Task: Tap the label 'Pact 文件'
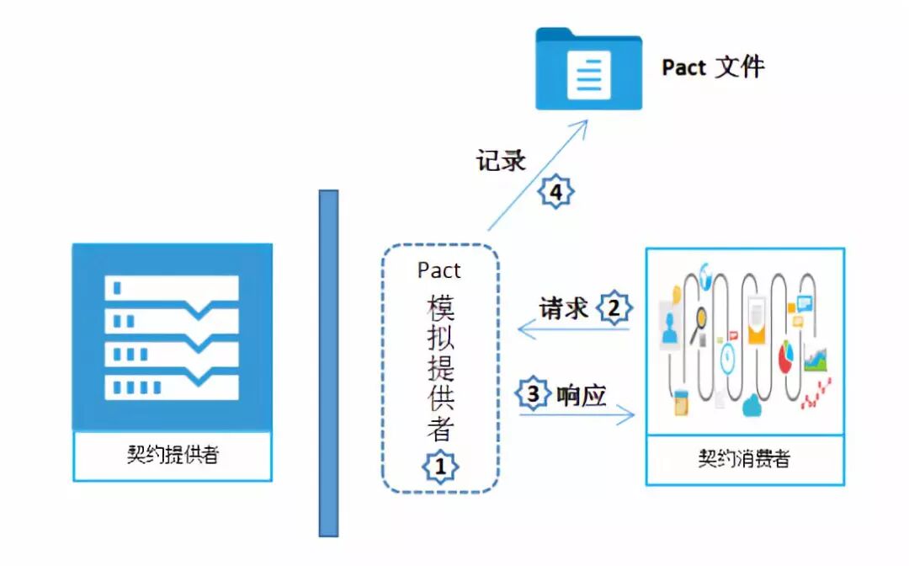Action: [713, 67]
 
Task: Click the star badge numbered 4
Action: [555, 193]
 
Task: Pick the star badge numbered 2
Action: [614, 308]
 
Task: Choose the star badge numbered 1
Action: [440, 466]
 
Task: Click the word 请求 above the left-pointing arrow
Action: [563, 308]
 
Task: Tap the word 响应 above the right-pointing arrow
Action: [582, 394]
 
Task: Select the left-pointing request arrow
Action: [572, 329]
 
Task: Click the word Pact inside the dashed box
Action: [439, 270]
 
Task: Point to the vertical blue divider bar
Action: [328, 362]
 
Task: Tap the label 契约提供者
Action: [172, 456]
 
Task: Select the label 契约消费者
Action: [744, 459]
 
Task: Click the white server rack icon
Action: [172, 337]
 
